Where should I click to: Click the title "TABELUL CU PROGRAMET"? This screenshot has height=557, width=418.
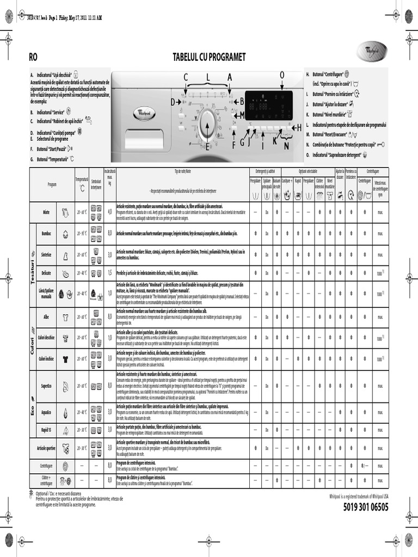209,57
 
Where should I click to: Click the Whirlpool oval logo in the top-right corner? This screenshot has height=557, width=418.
372,55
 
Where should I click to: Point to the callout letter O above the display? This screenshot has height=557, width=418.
282,75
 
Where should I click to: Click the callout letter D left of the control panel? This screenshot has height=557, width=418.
173,102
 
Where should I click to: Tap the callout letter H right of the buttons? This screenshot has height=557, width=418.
298,127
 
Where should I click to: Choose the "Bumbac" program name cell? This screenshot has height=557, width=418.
46,233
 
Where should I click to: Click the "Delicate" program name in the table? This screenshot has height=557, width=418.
46,273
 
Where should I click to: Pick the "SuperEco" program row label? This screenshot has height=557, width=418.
46,386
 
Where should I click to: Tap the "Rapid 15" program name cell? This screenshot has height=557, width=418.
46,430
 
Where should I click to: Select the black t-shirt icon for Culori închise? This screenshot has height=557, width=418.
65,358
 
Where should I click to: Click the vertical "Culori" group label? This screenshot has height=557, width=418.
32,337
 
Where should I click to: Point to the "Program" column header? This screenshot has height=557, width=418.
52,184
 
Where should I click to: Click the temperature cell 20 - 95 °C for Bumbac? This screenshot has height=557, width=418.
82,233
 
